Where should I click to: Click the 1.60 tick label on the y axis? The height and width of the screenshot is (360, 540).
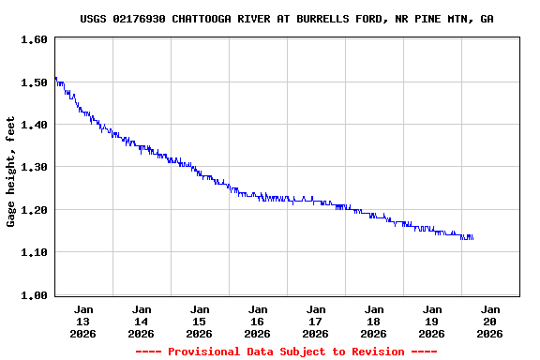34,40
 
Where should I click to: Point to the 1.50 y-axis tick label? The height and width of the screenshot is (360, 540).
34,82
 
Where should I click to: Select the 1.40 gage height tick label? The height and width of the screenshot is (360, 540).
34,125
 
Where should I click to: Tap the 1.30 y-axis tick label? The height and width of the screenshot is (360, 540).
34,167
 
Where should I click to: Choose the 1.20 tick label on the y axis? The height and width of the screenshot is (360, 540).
34,210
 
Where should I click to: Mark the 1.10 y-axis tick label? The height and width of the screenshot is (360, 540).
34,252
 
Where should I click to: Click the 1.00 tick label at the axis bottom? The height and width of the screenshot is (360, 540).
34,295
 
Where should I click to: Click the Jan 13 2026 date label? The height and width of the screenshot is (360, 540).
83,321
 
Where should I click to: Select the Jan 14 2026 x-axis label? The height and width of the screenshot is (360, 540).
142,321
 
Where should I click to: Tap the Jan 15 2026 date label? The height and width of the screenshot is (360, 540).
200,321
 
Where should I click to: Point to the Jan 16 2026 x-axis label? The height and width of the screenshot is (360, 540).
258,321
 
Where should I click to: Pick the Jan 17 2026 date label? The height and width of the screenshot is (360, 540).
316,321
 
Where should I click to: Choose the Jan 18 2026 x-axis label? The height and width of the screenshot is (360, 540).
374,321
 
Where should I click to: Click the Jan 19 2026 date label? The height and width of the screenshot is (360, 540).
432,321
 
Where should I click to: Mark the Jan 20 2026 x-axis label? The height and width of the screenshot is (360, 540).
490,321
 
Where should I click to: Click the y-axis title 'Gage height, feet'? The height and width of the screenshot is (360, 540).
11,172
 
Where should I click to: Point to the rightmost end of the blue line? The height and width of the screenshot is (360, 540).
472,238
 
